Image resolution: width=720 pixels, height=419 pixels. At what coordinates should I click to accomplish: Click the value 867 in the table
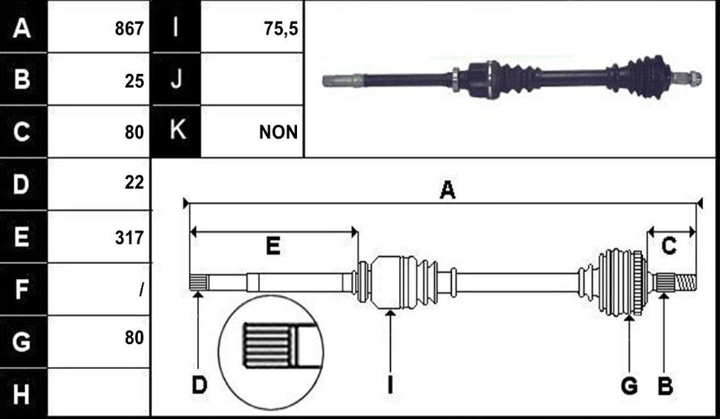pyautogui.click(x=129, y=29)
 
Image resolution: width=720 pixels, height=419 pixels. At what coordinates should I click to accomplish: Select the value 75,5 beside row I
pyautogui.click(x=281, y=29)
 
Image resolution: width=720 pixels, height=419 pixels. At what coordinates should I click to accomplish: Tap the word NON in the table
pyautogui.click(x=278, y=132)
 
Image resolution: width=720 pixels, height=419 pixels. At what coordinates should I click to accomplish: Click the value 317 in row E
pyautogui.click(x=129, y=238)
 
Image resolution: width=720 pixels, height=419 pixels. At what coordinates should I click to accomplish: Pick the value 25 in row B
pyautogui.click(x=134, y=81)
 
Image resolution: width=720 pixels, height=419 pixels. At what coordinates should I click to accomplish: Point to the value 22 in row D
pyautogui.click(x=134, y=183)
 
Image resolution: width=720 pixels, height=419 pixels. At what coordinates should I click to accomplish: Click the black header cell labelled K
pyautogui.click(x=176, y=131)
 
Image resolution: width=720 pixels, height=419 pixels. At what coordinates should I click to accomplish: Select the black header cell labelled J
pyautogui.click(x=176, y=79)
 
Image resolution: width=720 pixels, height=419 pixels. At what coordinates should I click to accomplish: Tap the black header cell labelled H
pyautogui.click(x=24, y=393)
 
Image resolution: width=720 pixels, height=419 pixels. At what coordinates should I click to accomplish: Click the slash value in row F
pyautogui.click(x=141, y=290)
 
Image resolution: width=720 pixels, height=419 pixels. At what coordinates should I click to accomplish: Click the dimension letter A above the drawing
pyautogui.click(x=447, y=190)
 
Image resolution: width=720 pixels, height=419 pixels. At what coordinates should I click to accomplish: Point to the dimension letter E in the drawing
pyautogui.click(x=273, y=246)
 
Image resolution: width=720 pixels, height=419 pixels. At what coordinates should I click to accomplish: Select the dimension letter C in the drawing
pyautogui.click(x=669, y=246)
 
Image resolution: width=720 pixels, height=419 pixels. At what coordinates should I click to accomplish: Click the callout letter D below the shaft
pyautogui.click(x=199, y=385)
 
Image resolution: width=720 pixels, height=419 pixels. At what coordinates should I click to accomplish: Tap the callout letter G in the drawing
pyautogui.click(x=629, y=385)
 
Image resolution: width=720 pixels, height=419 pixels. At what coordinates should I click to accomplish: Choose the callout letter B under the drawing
pyautogui.click(x=666, y=385)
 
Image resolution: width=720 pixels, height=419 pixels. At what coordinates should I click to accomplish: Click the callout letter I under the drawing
pyautogui.click(x=390, y=385)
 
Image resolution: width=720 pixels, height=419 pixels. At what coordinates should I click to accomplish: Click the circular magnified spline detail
pyautogui.click(x=271, y=352)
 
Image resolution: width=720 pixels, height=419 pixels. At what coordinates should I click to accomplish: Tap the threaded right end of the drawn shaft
pyautogui.click(x=685, y=282)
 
